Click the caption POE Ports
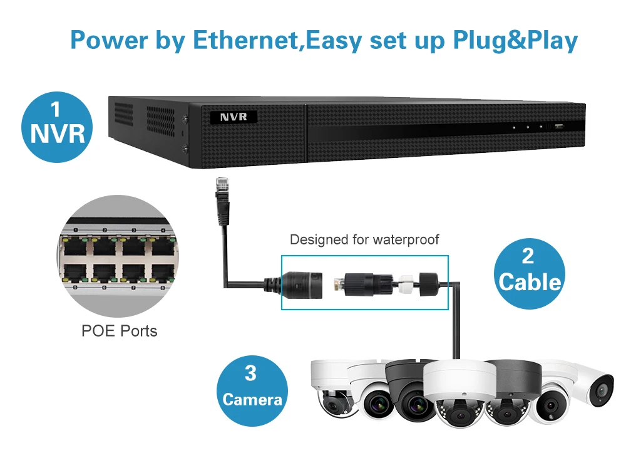coord(120,330)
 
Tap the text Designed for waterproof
coord(364,239)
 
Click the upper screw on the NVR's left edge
coord(185,118)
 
